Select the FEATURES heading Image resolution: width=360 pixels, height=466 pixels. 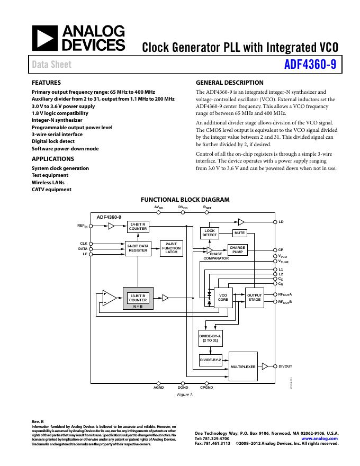pos(46,83)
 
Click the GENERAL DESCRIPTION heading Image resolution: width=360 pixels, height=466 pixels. pos(229,83)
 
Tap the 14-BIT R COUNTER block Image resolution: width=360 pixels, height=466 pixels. pos(138,226)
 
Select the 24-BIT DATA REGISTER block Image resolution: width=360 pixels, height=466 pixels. pos(138,248)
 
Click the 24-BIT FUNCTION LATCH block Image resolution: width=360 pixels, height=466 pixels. pos(171,248)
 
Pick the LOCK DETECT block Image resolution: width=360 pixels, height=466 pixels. pos(210,232)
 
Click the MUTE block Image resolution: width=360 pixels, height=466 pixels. pos(240,232)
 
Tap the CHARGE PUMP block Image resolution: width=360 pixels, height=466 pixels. pos(238,250)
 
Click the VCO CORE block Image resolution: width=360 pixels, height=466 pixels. pos(223,298)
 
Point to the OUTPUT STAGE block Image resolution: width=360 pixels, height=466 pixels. pos(254,298)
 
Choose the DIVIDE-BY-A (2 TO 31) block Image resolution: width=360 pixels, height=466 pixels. pos(210,338)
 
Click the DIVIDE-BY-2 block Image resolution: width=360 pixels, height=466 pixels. pos(210,360)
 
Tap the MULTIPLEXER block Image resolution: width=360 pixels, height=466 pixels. pos(243,366)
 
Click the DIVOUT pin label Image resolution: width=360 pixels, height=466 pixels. pos(285,366)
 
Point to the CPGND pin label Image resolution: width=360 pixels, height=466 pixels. pos(206,388)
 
